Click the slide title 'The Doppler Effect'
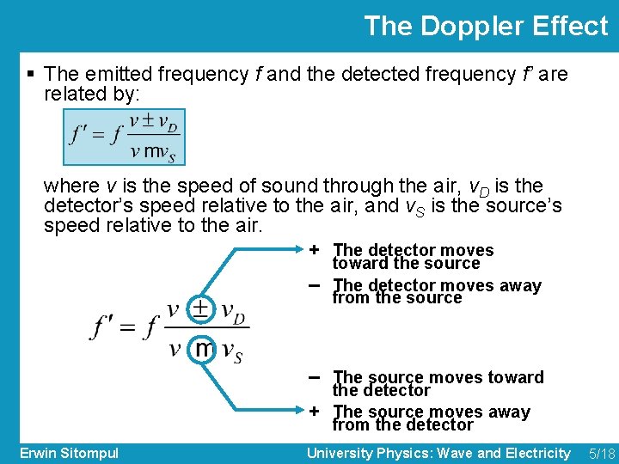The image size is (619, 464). point(486,26)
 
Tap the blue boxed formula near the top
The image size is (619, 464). point(124,137)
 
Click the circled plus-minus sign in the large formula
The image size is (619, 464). point(200,308)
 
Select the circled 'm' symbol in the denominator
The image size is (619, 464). point(203,349)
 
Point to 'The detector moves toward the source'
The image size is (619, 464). point(413,256)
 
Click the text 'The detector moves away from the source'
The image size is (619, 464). point(437,291)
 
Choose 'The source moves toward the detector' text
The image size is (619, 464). point(438,383)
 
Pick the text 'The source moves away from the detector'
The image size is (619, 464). point(431,418)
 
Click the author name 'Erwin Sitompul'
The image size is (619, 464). point(69,453)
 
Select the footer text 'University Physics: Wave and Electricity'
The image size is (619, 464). point(438,453)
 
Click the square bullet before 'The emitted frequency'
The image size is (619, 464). point(31,75)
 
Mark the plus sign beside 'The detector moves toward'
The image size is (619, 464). point(316,249)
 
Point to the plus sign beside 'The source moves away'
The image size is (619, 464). point(316,411)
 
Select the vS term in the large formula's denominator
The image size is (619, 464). point(231,351)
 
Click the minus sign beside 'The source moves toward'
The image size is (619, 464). point(316,376)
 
